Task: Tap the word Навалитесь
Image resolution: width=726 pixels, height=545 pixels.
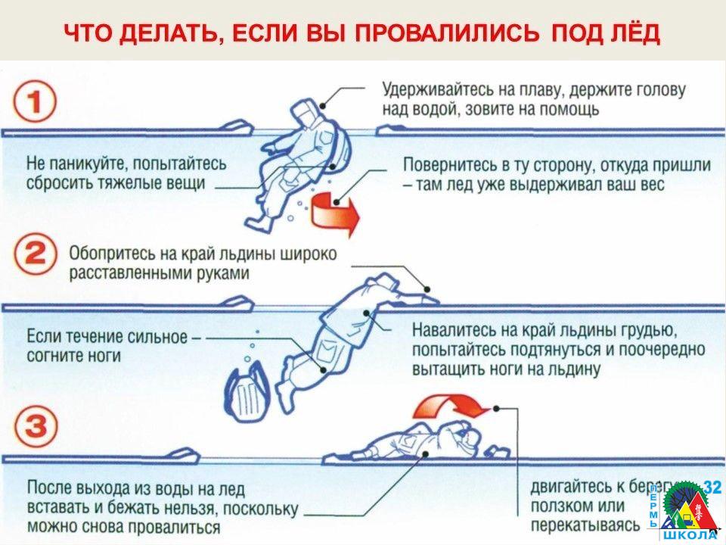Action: tap(454, 331)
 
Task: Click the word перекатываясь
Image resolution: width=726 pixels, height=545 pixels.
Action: tap(576, 525)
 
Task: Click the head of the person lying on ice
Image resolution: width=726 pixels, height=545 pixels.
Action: tap(469, 436)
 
